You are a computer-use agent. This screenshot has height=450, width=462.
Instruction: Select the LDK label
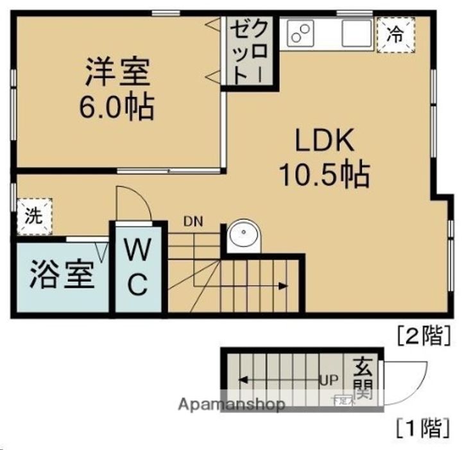(x=325, y=141)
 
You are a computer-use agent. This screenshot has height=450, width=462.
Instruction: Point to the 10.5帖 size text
(x=323, y=173)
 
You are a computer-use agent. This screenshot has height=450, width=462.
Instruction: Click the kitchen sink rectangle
(x=357, y=33)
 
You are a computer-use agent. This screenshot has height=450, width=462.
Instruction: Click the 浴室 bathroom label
(x=62, y=276)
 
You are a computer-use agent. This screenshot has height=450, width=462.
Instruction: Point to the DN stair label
(x=193, y=223)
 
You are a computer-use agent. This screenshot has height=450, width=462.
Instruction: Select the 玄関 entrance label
(x=364, y=379)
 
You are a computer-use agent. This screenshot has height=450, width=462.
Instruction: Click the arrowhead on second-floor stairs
(x=283, y=286)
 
